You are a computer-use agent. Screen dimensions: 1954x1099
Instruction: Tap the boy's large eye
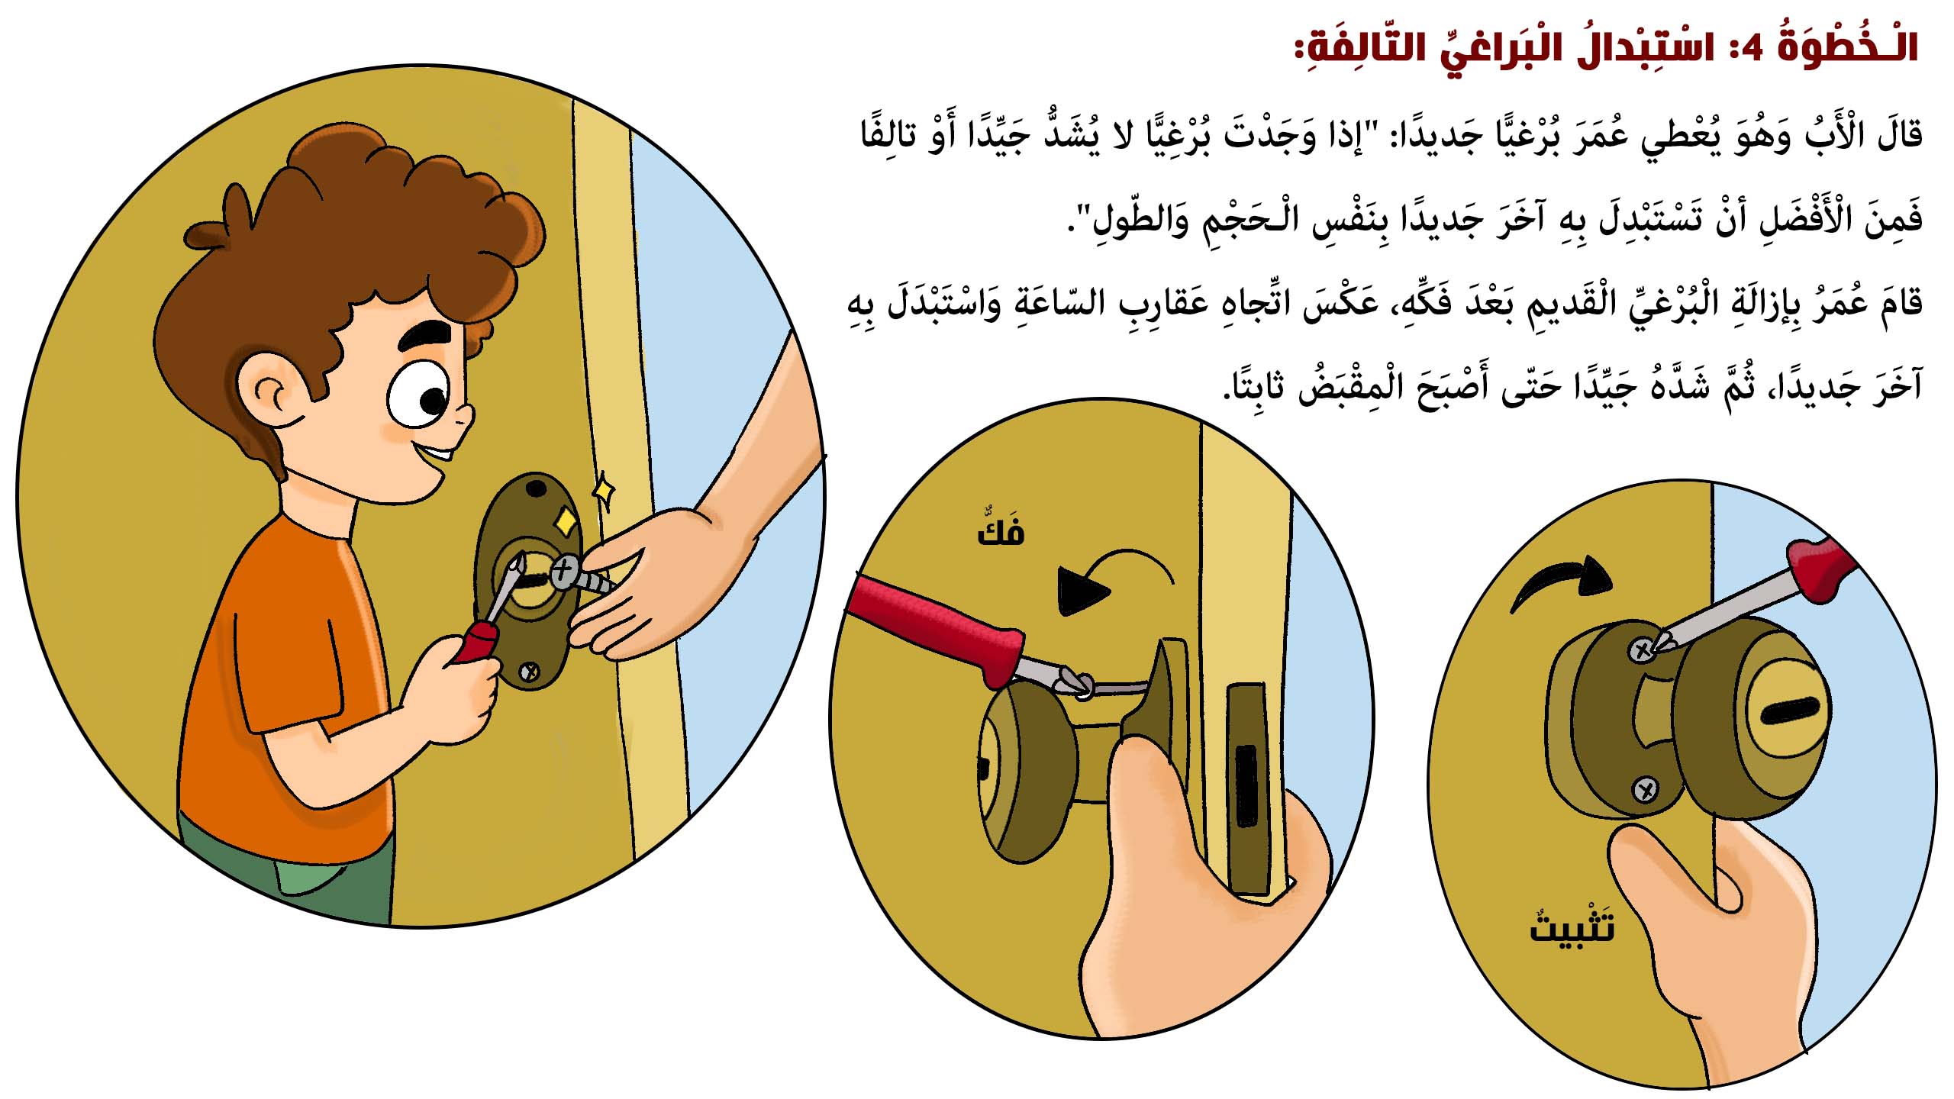(419, 394)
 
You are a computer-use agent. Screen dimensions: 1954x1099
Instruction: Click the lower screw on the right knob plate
(1644, 788)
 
